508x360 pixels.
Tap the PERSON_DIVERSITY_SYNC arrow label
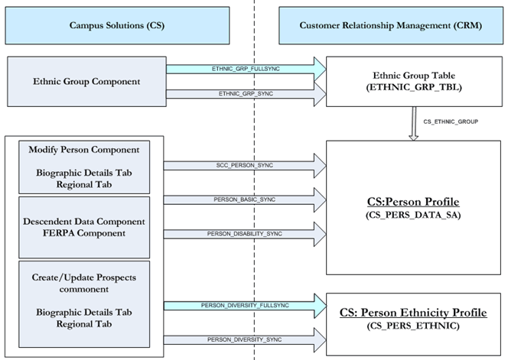[239, 339]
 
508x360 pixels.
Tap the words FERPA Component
[84, 232]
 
